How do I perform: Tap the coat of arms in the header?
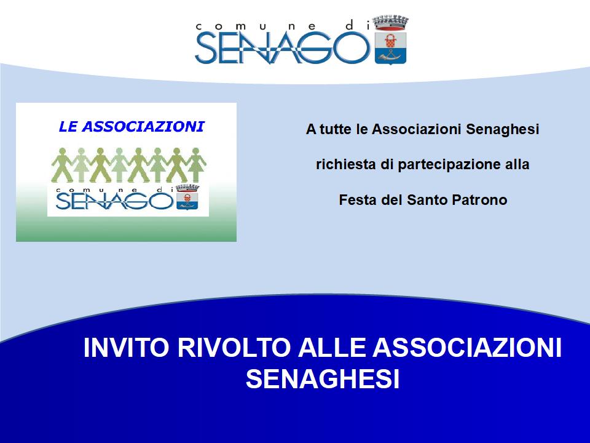click(391, 41)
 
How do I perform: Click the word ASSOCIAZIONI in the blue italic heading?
click(143, 127)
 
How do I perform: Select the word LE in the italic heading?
click(68, 127)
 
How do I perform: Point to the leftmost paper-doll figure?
click(62, 166)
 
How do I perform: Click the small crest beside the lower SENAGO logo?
click(187, 197)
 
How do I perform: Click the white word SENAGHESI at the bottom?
click(323, 378)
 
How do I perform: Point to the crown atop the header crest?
click(391, 22)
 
